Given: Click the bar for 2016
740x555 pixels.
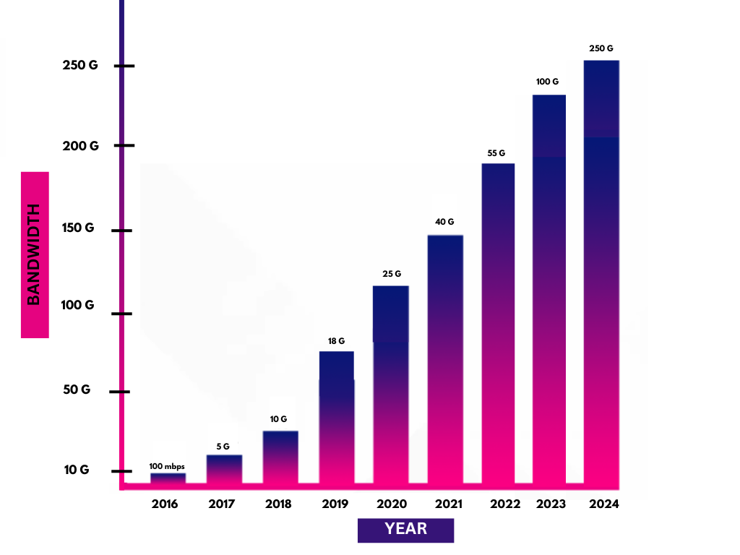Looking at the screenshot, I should [168, 478].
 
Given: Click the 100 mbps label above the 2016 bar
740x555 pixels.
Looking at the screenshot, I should [167, 466].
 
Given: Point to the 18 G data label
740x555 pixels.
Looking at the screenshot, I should [336, 340].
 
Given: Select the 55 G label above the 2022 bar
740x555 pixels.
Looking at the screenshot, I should [496, 153].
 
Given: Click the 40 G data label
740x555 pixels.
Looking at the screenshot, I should [444, 222].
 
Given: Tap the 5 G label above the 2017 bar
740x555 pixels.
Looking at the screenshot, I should [223, 446].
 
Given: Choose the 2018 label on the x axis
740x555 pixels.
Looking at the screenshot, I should [277, 504].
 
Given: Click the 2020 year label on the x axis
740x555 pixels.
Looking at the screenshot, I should [390, 504].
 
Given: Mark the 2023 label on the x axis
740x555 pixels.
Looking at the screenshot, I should [551, 504].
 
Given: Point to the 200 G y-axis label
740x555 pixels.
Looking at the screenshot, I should [80, 145].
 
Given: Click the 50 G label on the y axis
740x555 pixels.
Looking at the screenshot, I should [77, 390].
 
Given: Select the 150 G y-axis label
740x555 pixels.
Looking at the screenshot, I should [78, 228].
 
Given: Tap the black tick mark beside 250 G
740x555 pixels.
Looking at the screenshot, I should [124, 66].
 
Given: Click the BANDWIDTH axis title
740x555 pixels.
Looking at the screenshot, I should [35, 254].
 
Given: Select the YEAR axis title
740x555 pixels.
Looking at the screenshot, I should [405, 529].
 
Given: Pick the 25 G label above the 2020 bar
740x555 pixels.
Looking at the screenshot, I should [391, 274].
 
